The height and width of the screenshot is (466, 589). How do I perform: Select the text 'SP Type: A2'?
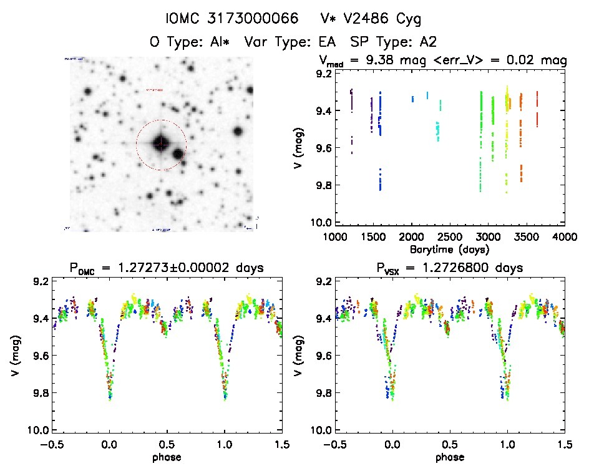click(x=393, y=42)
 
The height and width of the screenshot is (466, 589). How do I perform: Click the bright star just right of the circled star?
click(x=178, y=153)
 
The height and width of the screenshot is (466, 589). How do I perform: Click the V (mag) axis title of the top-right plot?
click(x=301, y=148)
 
